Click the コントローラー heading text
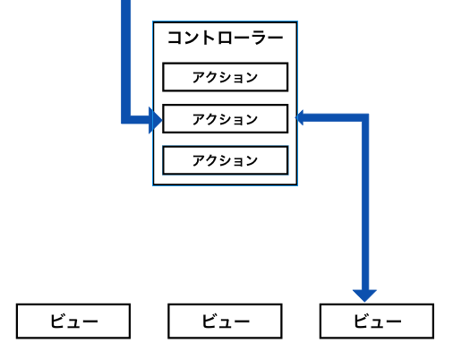tap(225, 39)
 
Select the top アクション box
tap(225, 77)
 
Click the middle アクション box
tap(225, 119)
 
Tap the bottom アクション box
tap(225, 161)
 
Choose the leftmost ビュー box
tap(73, 321)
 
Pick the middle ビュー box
tap(225, 321)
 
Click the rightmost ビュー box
tap(376, 321)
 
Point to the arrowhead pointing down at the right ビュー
tap(364, 294)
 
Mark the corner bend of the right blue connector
tap(364, 117)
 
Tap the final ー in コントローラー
tap(276, 39)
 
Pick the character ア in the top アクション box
tap(199, 77)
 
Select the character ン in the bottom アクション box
tap(252, 161)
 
